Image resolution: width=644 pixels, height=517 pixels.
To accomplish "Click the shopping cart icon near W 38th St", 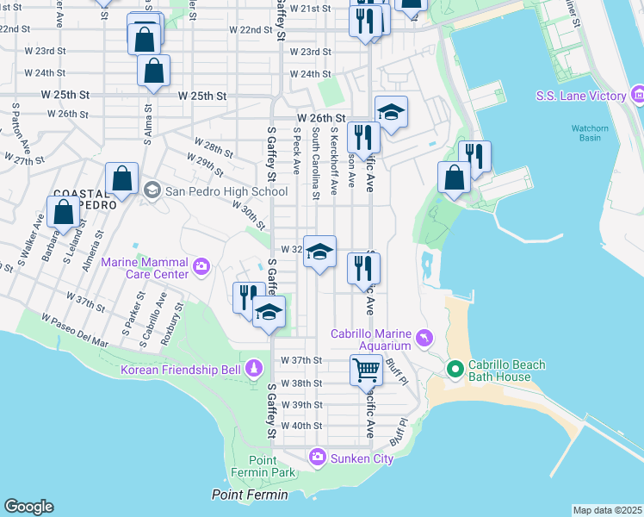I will pyautogui.click(x=367, y=370).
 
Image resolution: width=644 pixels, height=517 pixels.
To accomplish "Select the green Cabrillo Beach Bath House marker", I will pyautogui.click(x=456, y=371).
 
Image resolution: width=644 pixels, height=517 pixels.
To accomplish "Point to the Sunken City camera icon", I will pyautogui.click(x=318, y=456).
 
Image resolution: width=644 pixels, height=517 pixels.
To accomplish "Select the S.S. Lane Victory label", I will pyautogui.click(x=580, y=96).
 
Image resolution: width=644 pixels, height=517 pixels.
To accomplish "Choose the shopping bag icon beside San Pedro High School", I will pyautogui.click(x=122, y=178).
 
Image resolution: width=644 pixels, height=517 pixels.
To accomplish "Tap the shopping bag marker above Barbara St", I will pyautogui.click(x=63, y=212).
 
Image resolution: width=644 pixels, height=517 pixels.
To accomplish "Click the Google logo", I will pyautogui.click(x=28, y=507).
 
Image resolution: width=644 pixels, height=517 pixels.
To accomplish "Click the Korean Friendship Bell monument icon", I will pyautogui.click(x=253, y=369).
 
